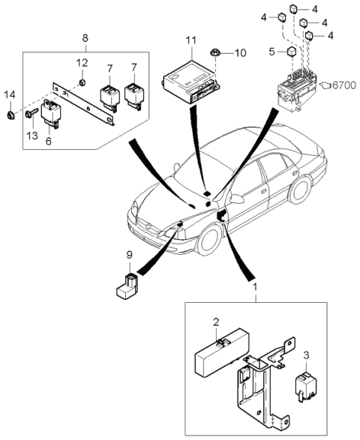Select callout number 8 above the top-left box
(84, 37)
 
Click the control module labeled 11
(189, 80)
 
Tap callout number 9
(129, 256)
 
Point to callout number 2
(216, 322)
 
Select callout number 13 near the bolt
(31, 135)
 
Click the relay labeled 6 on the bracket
(55, 112)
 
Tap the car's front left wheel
(208, 238)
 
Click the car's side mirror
(238, 199)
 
